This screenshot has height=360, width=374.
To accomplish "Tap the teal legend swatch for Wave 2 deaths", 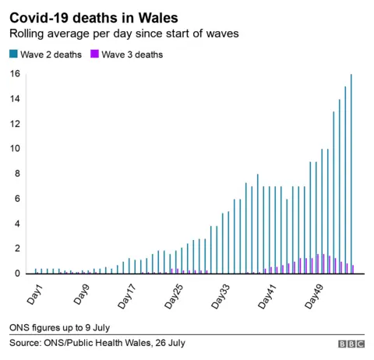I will [x=12, y=55].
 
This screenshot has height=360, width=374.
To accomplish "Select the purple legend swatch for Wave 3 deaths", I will [x=95, y=55].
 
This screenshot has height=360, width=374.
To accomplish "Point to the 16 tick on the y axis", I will [x=14, y=75].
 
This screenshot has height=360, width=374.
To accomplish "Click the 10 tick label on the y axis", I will [x=14, y=150].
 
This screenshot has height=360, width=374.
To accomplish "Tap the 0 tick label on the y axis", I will [x=16, y=274].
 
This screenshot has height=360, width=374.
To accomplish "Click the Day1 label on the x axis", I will [x=34, y=295].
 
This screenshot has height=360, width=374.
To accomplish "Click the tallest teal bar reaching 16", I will [x=351, y=174].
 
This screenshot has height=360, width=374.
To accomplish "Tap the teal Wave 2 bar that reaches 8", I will [x=258, y=224].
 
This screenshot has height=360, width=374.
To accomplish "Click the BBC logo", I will [x=351, y=344].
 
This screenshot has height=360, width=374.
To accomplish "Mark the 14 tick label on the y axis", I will [x=14, y=100].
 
